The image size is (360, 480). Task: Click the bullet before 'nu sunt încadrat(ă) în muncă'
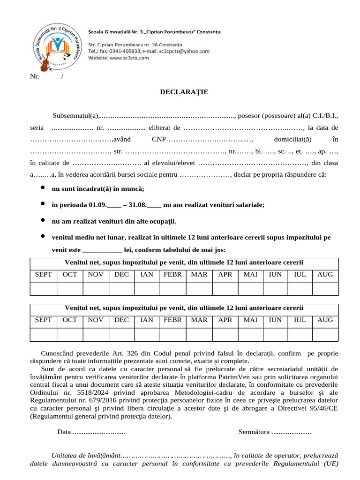click(x=43, y=188)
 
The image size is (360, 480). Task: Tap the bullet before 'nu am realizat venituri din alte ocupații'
click(x=43, y=220)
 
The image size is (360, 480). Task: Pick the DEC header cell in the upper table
click(x=121, y=274)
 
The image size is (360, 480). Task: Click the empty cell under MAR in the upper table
click(x=199, y=289)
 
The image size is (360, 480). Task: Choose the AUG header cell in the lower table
click(x=325, y=320)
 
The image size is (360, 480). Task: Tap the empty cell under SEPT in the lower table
click(x=44, y=334)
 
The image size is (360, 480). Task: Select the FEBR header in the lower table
click(x=173, y=320)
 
